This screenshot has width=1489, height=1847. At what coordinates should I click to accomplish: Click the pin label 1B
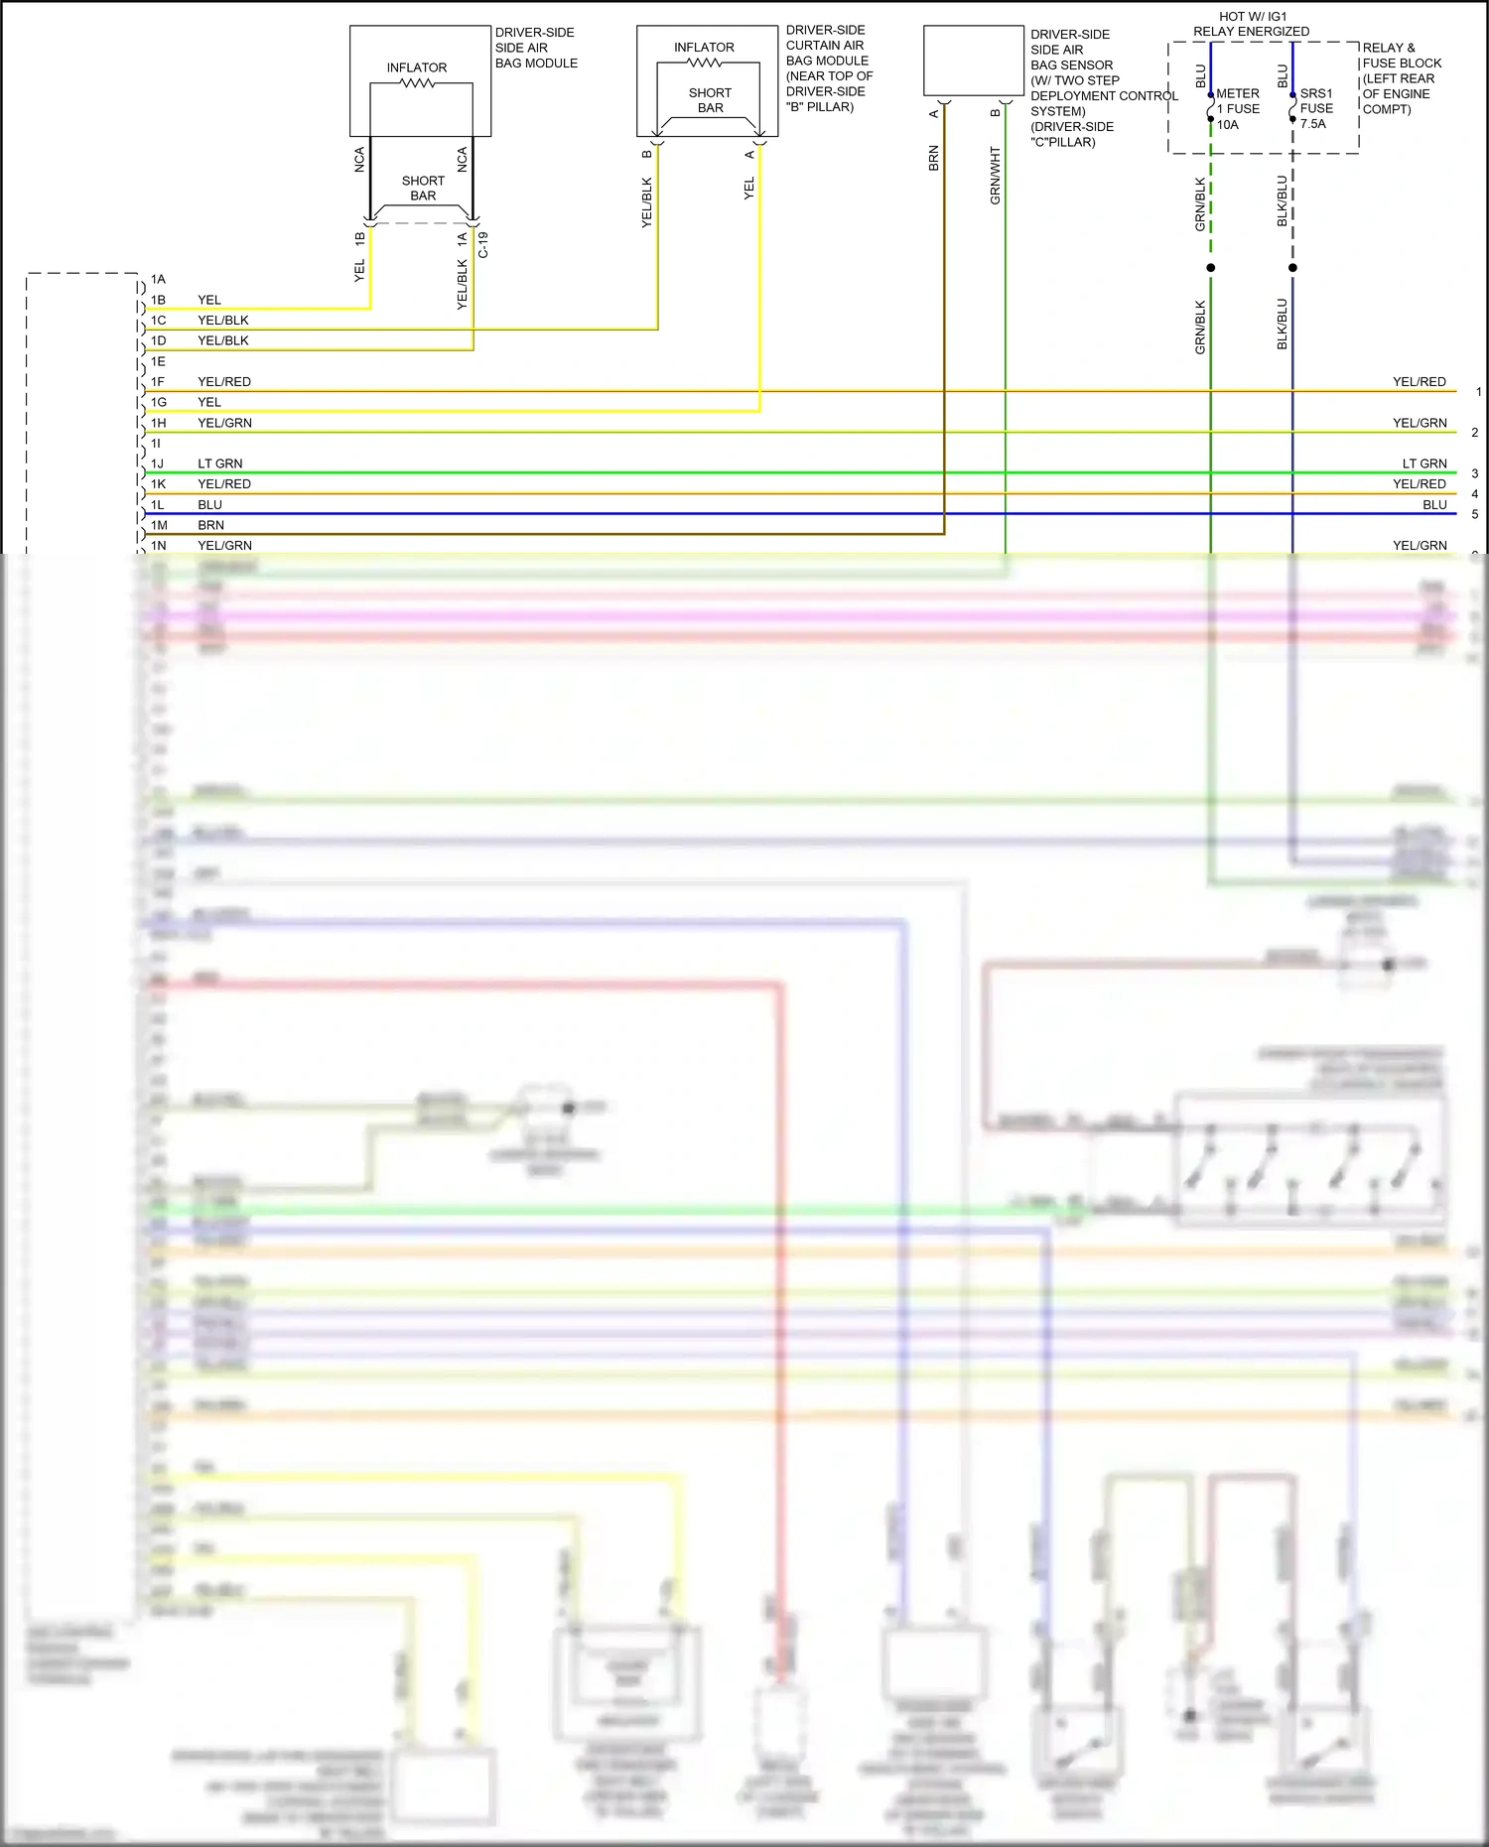[158, 300]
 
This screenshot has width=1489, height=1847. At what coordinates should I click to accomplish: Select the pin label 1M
[159, 525]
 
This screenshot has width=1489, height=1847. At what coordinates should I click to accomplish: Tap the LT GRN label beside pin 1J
[219, 463]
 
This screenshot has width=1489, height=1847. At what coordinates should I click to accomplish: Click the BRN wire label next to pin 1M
[210, 525]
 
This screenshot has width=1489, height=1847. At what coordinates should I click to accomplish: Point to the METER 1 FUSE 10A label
[1237, 109]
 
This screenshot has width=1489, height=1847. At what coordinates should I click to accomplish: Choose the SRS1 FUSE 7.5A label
[1316, 108]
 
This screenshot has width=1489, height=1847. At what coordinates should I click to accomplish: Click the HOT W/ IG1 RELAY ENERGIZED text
[1251, 24]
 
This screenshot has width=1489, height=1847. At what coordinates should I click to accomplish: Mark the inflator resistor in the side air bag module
[417, 83]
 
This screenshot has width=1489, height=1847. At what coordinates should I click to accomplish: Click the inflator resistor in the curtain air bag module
[704, 63]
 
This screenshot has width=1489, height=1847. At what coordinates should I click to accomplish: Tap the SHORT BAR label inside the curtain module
[710, 100]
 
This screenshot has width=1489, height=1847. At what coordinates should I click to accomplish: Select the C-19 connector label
[483, 245]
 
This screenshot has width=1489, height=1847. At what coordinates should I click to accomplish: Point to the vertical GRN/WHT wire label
[995, 176]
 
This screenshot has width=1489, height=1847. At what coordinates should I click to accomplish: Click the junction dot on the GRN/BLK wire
[1210, 268]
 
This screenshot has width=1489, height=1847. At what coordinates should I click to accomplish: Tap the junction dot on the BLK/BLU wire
[1292, 268]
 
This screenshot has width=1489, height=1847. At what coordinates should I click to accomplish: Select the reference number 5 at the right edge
[1475, 514]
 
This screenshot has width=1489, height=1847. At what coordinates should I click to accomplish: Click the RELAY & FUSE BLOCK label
[1402, 78]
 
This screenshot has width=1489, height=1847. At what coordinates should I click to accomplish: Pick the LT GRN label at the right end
[1424, 463]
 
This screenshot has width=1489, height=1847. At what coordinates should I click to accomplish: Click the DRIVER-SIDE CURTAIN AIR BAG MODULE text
[829, 68]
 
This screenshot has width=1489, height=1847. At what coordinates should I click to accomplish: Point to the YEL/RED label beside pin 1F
[224, 382]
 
